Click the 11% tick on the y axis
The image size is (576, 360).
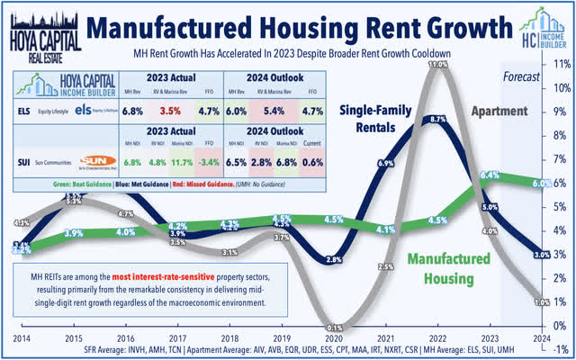pos(561,65)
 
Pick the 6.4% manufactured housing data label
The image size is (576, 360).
pos(490,174)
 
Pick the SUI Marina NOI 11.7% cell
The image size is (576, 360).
pos(178,164)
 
